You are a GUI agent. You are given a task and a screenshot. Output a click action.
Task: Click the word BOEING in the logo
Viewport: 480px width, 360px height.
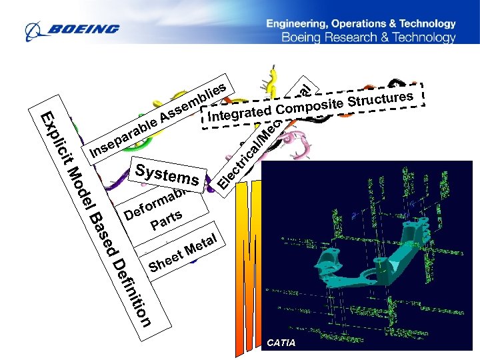83,29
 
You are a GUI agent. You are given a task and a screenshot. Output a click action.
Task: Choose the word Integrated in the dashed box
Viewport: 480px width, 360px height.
240,113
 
